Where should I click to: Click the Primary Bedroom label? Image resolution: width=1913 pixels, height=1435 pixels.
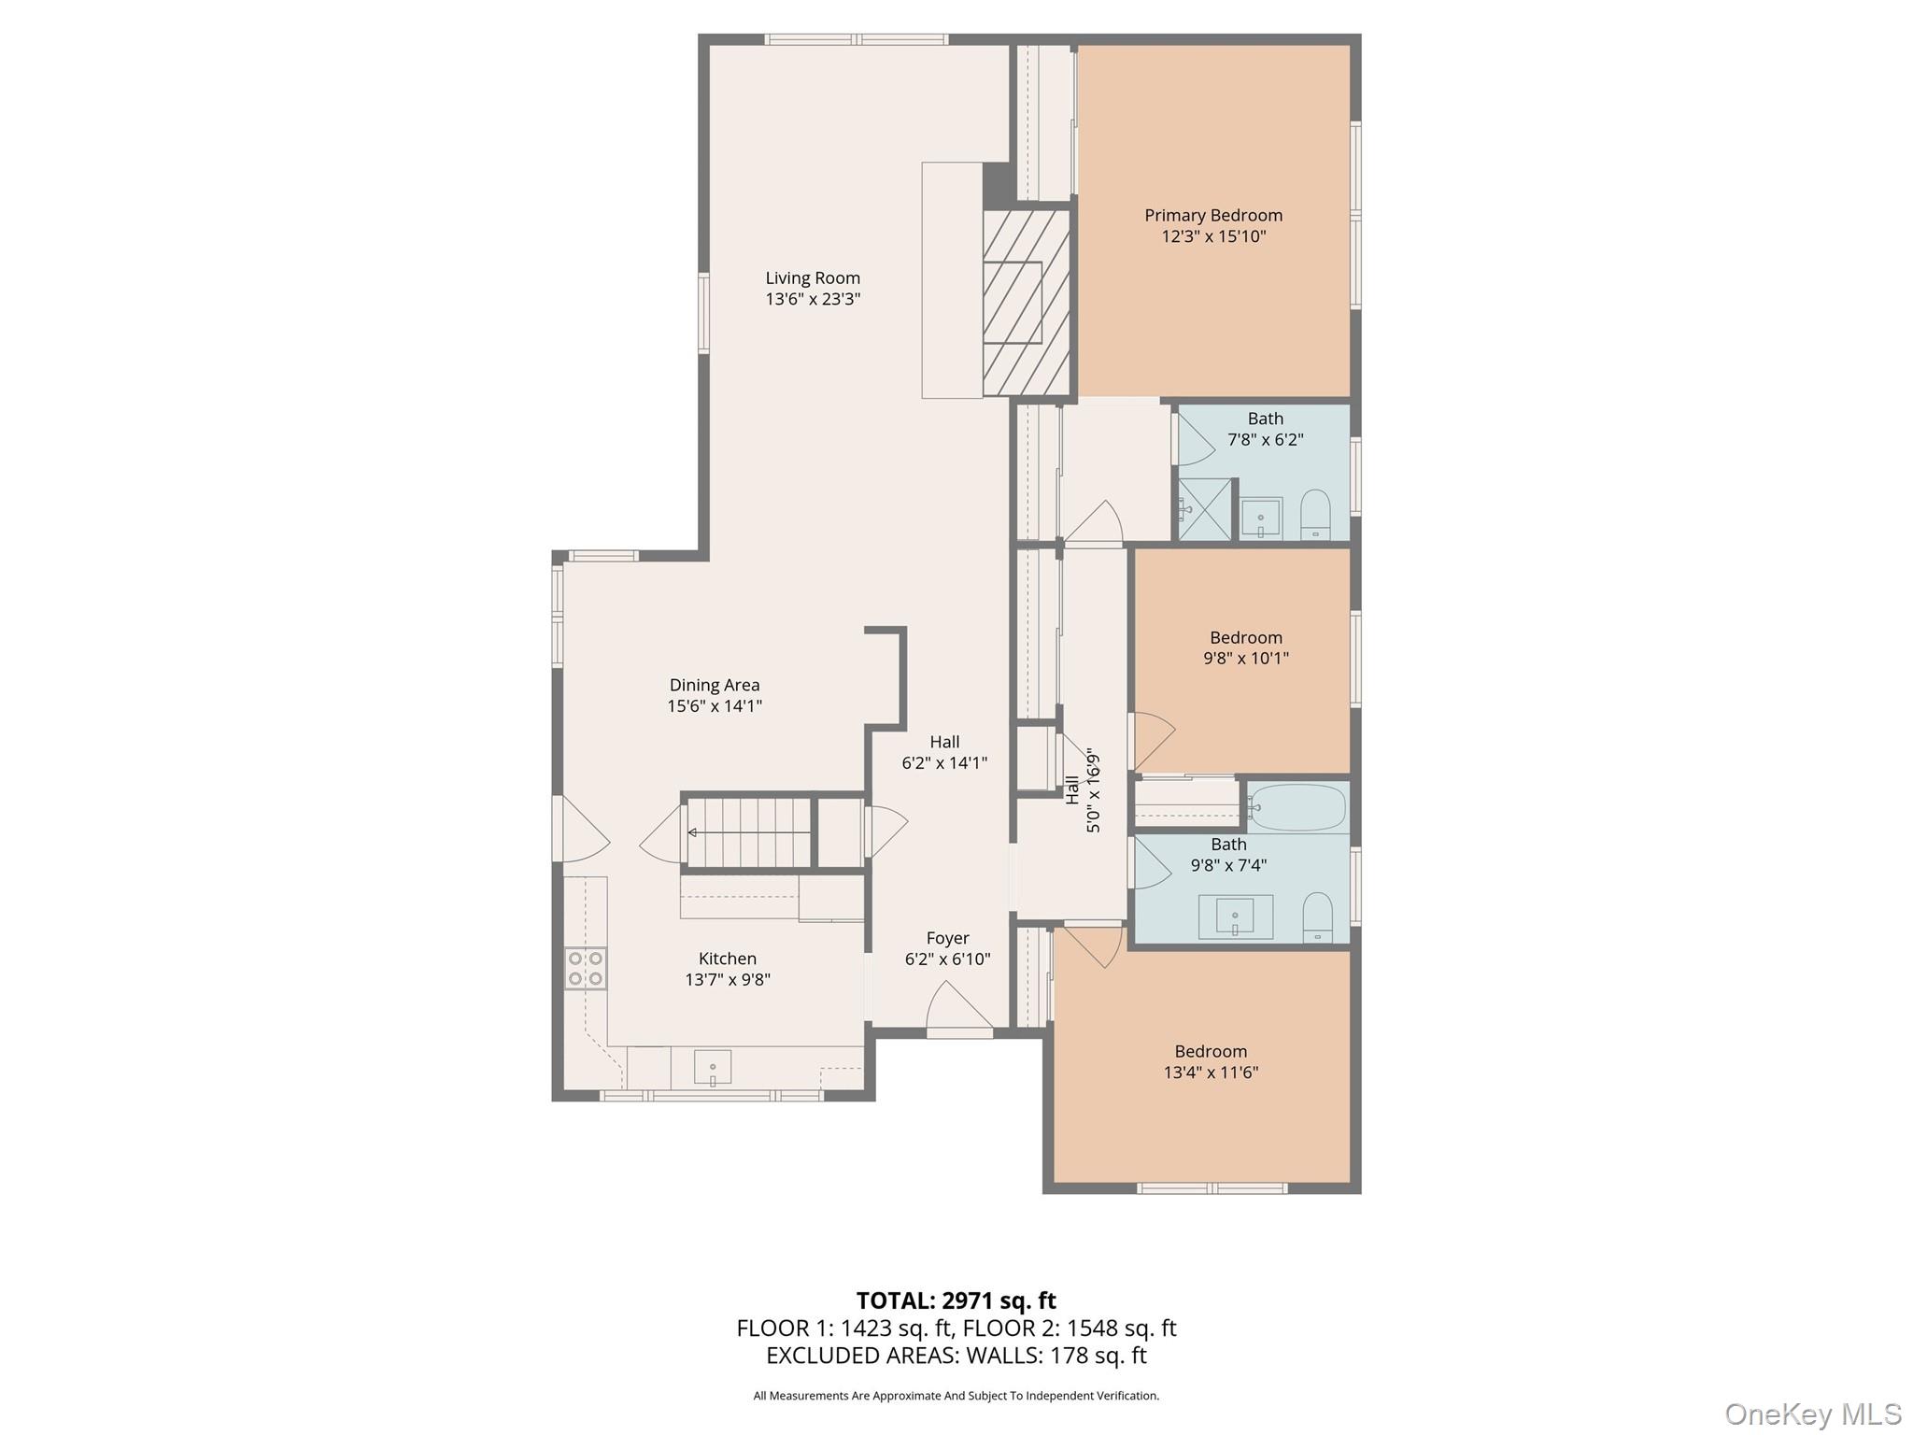pos(1213,216)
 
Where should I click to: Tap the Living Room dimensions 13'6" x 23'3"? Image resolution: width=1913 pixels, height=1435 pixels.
pos(813,299)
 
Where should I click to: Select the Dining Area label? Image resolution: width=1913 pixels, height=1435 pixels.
pos(715,686)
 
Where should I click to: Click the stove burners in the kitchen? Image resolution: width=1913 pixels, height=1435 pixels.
pos(586,968)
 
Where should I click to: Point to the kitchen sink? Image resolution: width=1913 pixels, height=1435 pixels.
pos(713,1067)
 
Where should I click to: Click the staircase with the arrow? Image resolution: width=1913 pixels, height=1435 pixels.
pos(748,831)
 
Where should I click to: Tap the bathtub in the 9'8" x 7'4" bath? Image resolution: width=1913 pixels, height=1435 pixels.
pos(1297,807)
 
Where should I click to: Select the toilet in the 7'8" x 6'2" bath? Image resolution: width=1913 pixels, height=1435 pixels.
pos(1315,515)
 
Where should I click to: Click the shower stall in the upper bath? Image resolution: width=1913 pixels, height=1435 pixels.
pos(1205,509)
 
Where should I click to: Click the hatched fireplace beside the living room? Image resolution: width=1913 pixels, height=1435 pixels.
pos(1026,303)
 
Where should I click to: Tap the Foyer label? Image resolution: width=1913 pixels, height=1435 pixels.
pos(948,938)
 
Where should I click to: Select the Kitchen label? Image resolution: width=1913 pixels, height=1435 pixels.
pos(728,959)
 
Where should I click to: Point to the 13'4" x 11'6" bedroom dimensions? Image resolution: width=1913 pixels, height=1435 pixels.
pos(1212,1073)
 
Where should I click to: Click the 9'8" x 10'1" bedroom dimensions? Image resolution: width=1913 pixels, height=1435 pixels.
pos(1246,658)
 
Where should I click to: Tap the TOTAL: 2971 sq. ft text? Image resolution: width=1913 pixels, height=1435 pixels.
pos(956,1300)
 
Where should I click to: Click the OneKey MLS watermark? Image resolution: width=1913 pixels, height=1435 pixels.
pos(1812,1414)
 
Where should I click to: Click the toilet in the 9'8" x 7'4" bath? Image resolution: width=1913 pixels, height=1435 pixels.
pos(1317,917)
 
